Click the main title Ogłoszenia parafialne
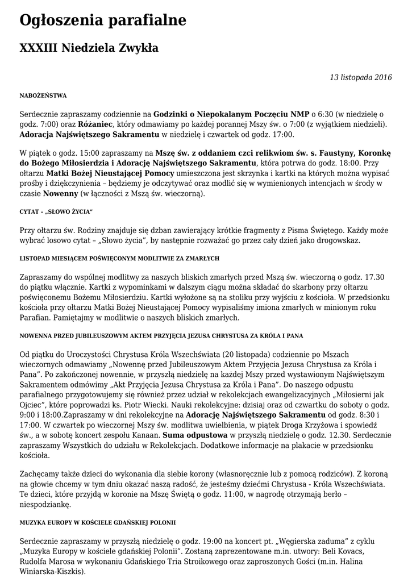103,21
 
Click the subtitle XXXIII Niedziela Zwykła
89,48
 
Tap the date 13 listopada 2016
361,77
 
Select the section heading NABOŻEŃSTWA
43,95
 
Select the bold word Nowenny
61,193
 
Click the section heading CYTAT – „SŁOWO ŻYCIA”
56,211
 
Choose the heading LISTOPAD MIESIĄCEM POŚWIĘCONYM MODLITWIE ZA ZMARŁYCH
119,258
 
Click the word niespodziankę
45,504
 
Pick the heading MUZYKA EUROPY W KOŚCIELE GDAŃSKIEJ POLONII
98,522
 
